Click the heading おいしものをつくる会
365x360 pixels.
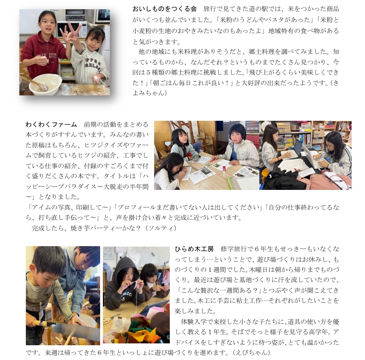[x=165, y=9]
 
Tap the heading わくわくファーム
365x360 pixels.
[x=51, y=124]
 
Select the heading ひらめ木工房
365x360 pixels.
[x=194, y=249]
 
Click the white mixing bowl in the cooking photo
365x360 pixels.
[x=45, y=84]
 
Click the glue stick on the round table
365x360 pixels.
[x=224, y=168]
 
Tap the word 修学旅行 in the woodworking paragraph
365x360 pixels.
[x=233, y=249]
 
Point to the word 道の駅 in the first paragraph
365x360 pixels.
[x=258, y=9]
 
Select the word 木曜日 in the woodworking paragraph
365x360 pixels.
[x=258, y=270]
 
